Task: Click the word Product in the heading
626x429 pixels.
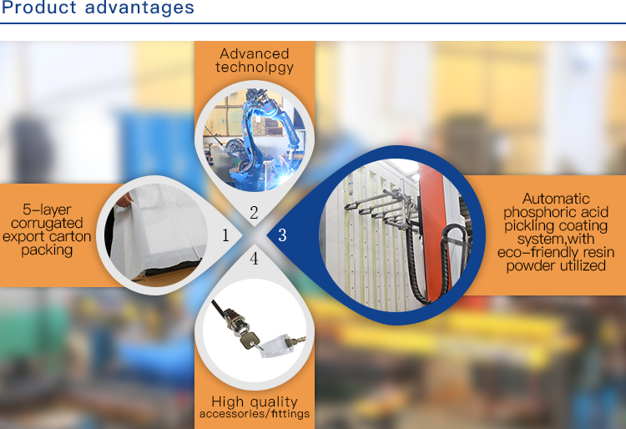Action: pyautogui.click(x=38, y=8)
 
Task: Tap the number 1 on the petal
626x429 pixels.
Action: pyautogui.click(x=225, y=235)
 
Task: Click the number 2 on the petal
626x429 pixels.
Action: pyautogui.click(x=254, y=213)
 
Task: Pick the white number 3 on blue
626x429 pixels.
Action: pyautogui.click(x=282, y=235)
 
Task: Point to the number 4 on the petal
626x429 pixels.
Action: pyautogui.click(x=254, y=259)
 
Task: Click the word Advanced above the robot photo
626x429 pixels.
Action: pyautogui.click(x=255, y=53)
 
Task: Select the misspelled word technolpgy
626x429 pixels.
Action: pyautogui.click(x=255, y=68)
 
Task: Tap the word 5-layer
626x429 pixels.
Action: pyautogui.click(x=47, y=210)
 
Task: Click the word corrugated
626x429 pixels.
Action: pyautogui.click(x=47, y=224)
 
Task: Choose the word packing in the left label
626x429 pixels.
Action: pyautogui.click(x=47, y=250)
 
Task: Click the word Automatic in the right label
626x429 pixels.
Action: pyautogui.click(x=556, y=199)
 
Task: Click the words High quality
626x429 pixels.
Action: pyautogui.click(x=255, y=401)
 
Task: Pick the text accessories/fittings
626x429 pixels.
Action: pyautogui.click(x=255, y=414)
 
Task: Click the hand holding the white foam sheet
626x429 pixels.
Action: pyautogui.click(x=124, y=200)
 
